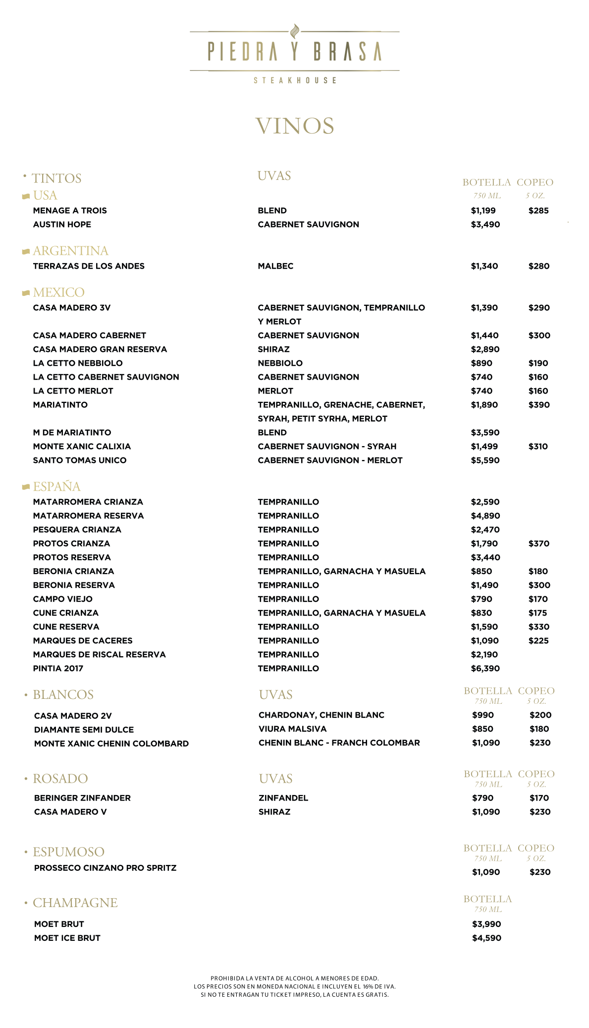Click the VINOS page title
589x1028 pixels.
294,126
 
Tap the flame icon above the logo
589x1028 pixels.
295,31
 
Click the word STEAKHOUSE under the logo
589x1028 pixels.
295,80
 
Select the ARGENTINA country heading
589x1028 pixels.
70,251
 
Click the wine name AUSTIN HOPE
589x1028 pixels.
62,225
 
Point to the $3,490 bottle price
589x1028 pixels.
485,225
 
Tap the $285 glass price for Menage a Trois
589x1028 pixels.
538,211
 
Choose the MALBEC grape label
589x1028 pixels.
275,266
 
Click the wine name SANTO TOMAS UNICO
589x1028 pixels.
80,460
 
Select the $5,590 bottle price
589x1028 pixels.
485,460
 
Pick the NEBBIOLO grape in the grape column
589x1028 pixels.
280,363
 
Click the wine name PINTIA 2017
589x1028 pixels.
58,669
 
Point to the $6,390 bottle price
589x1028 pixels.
485,669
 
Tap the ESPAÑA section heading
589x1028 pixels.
56,487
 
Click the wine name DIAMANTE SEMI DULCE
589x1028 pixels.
84,730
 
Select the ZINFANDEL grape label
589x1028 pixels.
283,798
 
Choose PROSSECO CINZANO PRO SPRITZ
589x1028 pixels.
105,868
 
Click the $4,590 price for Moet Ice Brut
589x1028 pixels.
486,938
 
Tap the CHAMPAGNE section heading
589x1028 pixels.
75,903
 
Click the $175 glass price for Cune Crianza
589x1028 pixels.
537,613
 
